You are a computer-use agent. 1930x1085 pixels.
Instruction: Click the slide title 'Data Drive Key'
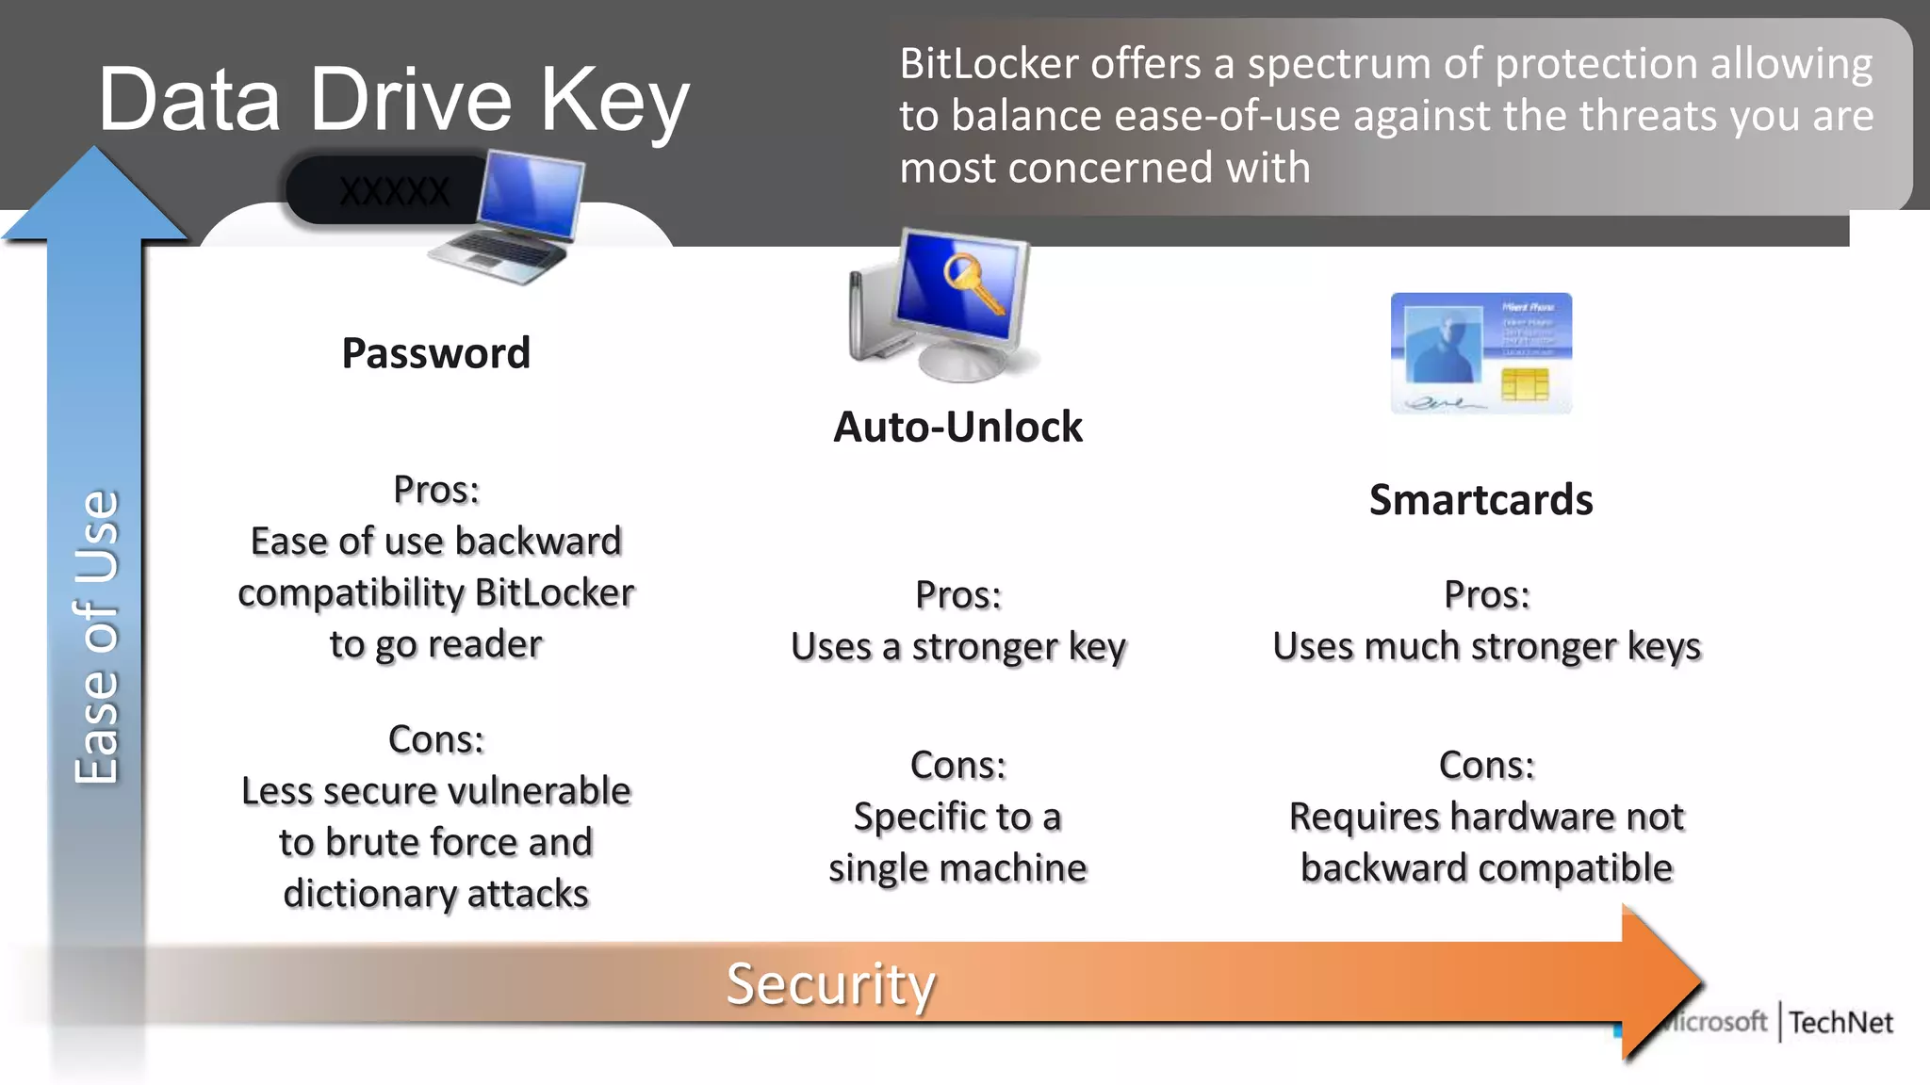394,100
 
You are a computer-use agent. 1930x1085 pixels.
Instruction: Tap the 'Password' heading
435,353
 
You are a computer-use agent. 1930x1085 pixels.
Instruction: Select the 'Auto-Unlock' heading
957,427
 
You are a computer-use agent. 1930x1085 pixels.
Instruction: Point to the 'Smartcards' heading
1480,499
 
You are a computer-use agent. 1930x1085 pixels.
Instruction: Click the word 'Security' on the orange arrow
830,984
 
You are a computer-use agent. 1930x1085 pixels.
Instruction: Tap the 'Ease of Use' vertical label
97,637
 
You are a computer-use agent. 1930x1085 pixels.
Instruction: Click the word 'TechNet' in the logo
1840,1022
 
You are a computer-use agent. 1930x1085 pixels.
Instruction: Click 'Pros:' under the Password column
436,490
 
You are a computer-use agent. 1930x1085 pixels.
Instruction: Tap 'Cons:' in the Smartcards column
1486,765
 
